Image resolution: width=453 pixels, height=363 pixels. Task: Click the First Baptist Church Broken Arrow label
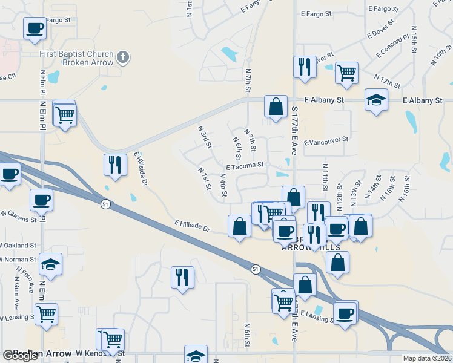[x=76, y=59]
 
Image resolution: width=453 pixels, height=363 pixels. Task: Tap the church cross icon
[x=124, y=58]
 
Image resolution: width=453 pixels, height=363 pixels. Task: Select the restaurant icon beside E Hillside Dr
[x=114, y=165]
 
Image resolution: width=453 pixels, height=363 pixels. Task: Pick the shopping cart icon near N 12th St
[x=346, y=73]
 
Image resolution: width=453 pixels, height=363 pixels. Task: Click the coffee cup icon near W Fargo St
[x=35, y=27]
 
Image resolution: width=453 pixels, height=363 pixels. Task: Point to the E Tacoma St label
[x=245, y=165]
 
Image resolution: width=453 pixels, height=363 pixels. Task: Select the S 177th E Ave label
[x=294, y=128]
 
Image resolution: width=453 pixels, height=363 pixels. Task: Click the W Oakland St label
[x=18, y=246]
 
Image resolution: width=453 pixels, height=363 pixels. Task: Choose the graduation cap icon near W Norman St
[x=51, y=264]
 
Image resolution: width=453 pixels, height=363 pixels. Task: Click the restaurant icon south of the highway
[x=182, y=277]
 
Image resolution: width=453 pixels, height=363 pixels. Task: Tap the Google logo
[x=21, y=355]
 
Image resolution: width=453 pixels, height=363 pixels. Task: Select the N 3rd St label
[x=204, y=137]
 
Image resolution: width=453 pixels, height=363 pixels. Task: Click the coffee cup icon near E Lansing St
[x=345, y=313]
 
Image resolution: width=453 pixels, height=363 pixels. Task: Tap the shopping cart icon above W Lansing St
[x=47, y=315]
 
